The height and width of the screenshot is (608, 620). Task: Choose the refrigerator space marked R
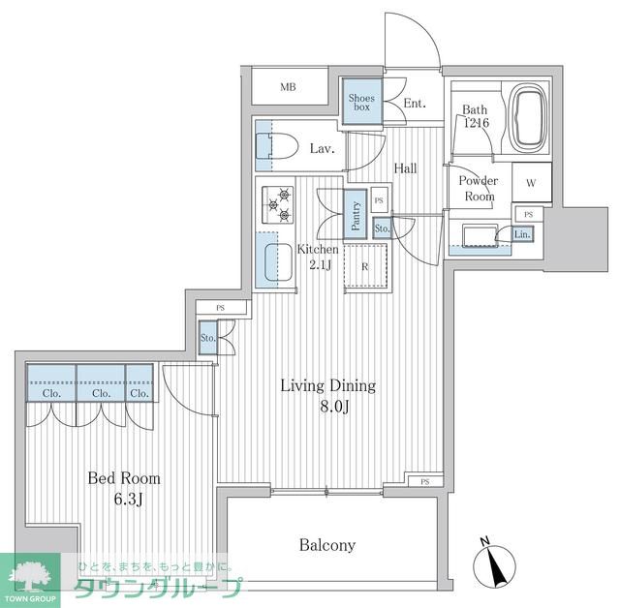pos(364,265)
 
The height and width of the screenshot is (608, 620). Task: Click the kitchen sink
pos(278,261)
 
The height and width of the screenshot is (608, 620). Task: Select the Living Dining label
pos(327,386)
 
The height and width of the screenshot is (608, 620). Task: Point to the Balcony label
pos(327,545)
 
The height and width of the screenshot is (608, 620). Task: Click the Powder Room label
pos(478,188)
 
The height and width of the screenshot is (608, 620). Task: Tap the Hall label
pos(405,168)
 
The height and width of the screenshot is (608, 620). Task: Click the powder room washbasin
pos(476,237)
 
